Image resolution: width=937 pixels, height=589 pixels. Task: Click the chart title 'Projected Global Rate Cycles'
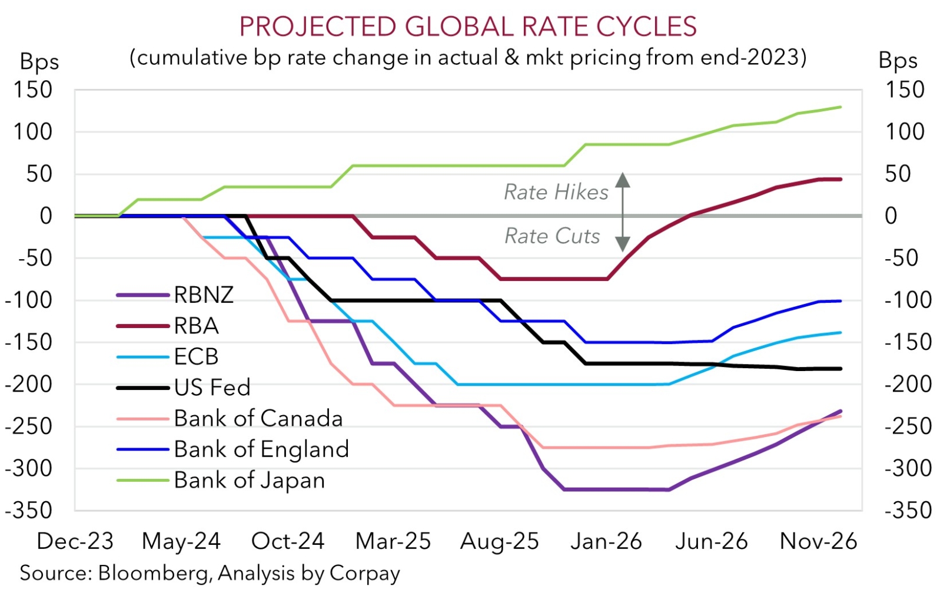click(x=468, y=27)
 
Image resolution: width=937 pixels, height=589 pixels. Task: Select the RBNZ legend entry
click(x=204, y=294)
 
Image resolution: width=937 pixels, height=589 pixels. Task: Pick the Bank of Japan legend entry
click(x=249, y=480)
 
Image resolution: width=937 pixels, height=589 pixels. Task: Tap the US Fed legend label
click(x=212, y=387)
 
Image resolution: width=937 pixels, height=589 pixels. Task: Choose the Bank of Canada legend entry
click(x=258, y=418)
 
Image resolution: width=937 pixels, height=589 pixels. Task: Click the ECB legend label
click(x=196, y=356)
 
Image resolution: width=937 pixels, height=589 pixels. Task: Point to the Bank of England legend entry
click(x=261, y=449)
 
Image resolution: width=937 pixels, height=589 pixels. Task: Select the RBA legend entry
click(x=196, y=325)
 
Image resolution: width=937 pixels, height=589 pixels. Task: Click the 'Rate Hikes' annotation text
click(x=556, y=192)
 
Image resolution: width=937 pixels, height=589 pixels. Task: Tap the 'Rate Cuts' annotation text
click(x=552, y=236)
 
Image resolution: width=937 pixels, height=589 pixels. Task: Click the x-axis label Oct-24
click(x=288, y=541)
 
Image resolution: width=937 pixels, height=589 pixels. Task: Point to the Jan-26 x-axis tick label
click(x=606, y=541)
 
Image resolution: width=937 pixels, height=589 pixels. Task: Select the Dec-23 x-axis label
click(x=75, y=541)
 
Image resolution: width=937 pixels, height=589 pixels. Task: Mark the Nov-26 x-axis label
click(x=818, y=541)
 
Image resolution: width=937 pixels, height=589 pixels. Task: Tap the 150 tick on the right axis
click(x=905, y=90)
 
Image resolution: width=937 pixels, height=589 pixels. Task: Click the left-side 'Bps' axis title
click(x=39, y=61)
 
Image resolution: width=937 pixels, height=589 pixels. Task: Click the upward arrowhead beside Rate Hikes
click(x=623, y=179)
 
